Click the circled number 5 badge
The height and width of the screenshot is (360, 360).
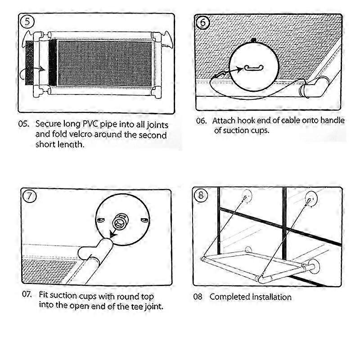27,22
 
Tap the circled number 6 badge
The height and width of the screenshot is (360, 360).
203,22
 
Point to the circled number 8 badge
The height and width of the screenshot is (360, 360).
201,195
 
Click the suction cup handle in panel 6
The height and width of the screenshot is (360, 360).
254,68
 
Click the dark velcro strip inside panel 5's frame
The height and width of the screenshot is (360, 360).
53,63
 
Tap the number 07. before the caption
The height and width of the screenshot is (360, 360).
27,294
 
